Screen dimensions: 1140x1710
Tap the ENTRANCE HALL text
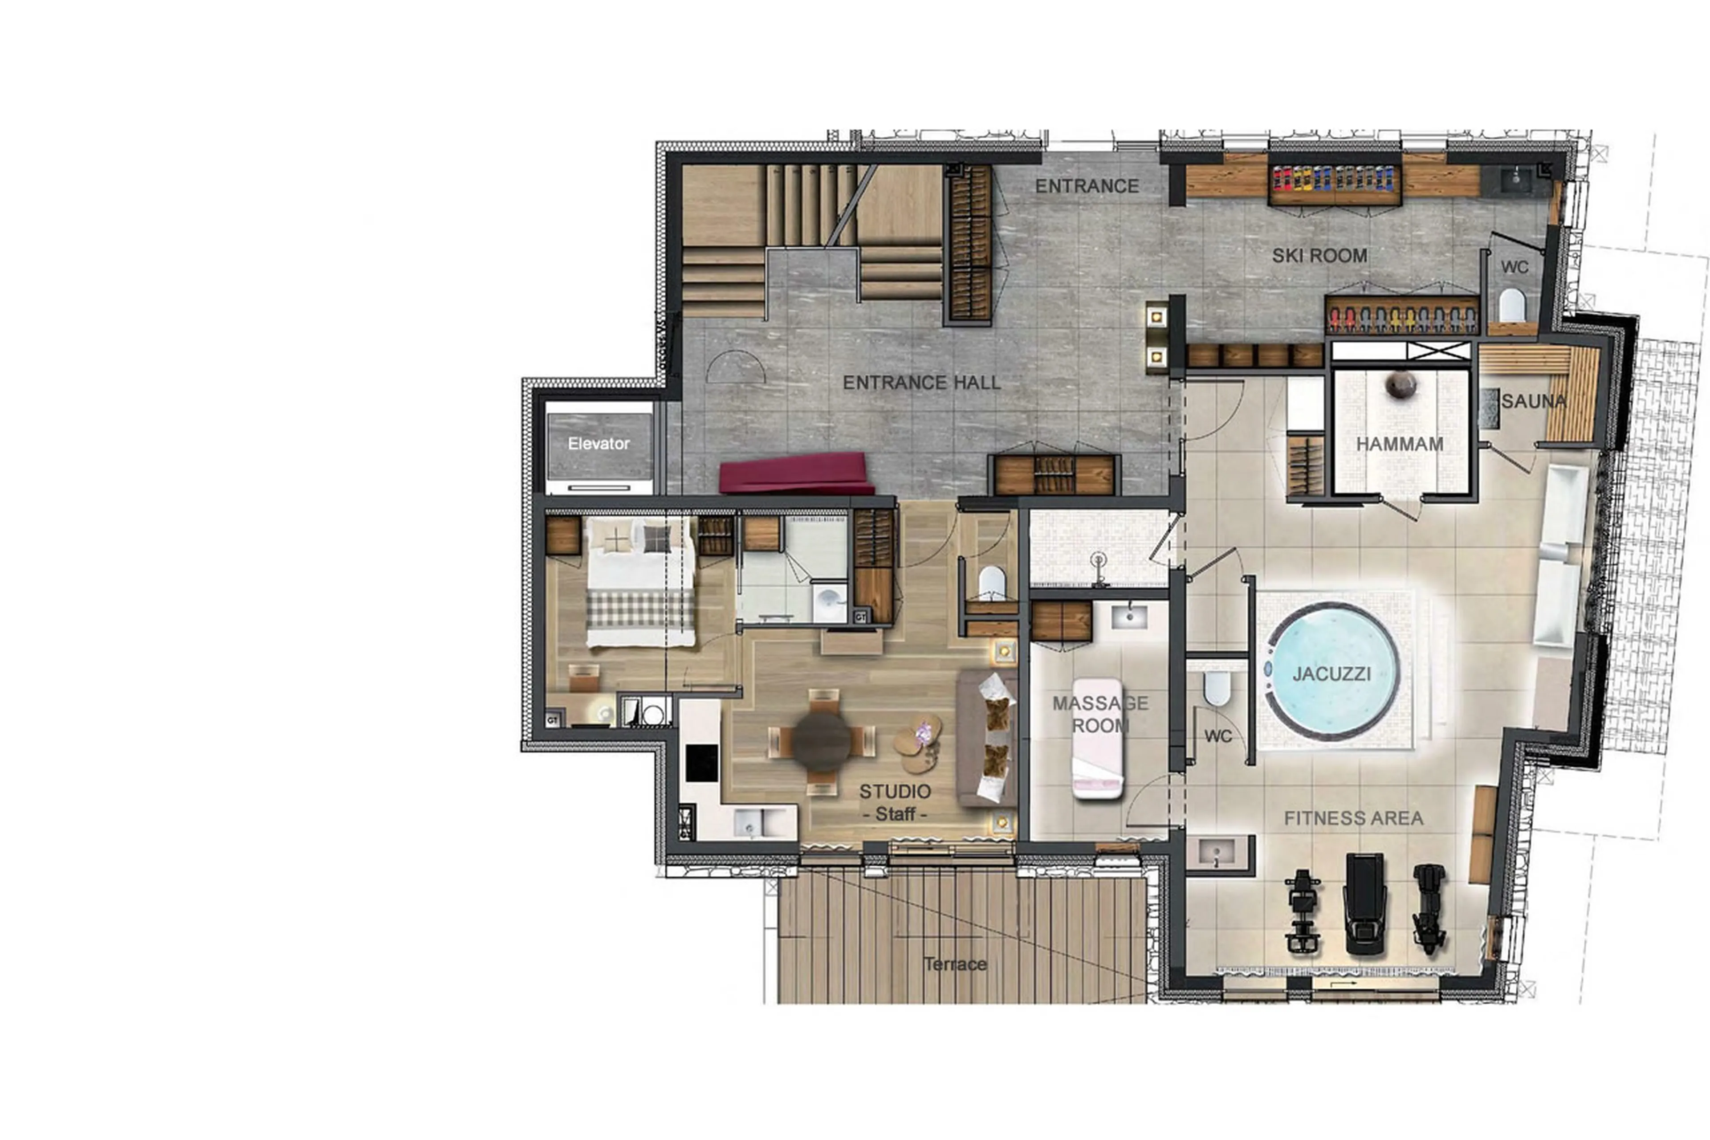[921, 382]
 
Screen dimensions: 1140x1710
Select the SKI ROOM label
[1319, 256]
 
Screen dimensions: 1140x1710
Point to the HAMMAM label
[1399, 444]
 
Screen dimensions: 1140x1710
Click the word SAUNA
[1533, 401]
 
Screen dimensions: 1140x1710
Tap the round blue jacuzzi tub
[1332, 673]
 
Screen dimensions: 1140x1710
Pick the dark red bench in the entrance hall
[796, 474]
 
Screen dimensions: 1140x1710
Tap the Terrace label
[955, 964]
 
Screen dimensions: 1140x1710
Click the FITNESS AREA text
[1353, 819]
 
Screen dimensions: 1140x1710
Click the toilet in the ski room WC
[1511, 305]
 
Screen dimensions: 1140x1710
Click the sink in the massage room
[1128, 617]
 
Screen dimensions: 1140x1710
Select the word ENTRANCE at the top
[1087, 187]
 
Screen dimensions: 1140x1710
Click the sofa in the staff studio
[986, 738]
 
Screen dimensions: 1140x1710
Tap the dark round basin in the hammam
[1399, 384]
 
